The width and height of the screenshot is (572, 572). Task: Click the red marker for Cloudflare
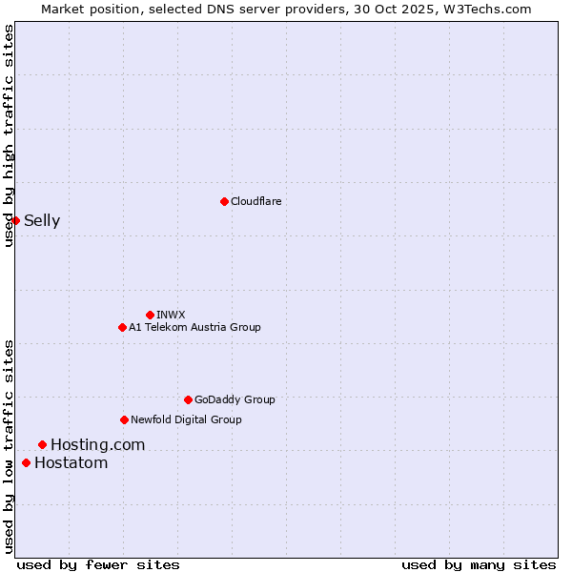pos(224,201)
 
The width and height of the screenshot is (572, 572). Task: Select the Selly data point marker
pos(15,220)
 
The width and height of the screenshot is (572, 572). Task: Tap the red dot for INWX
pos(150,315)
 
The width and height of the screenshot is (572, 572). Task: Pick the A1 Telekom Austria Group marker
pos(122,327)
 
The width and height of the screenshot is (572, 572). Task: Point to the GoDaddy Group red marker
pos(188,399)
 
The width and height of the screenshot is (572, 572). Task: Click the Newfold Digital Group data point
pos(124,419)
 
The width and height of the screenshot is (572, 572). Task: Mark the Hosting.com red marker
pos(42,444)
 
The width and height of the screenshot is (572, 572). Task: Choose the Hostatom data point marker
pos(26,462)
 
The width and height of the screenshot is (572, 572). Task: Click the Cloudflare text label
pos(256,201)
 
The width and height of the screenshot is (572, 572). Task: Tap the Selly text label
pos(42,221)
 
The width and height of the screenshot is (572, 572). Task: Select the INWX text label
pos(171,315)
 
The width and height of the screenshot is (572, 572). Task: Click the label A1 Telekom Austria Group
pos(194,327)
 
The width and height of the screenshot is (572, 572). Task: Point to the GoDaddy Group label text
pos(235,399)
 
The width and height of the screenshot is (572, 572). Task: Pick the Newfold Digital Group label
pos(186,419)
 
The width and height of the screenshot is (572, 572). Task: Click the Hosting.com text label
pos(97,444)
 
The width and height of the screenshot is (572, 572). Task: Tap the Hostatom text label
pos(71,463)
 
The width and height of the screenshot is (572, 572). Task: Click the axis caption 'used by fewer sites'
pos(98,564)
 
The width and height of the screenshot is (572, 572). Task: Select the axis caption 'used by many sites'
pos(479,564)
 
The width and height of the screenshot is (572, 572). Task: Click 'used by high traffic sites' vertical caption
pos(9,135)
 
